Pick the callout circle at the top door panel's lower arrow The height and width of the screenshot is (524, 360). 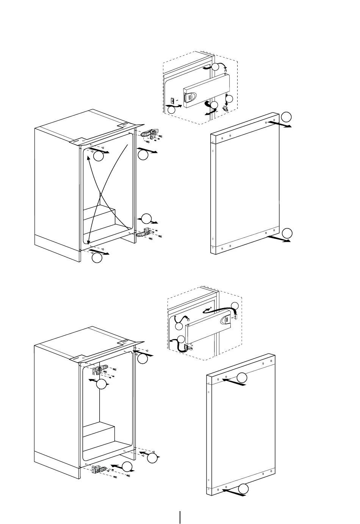(288, 233)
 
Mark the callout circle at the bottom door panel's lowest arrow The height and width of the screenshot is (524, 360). (244, 489)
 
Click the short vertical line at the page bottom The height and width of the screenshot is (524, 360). (180, 518)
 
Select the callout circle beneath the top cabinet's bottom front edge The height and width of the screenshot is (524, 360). (97, 258)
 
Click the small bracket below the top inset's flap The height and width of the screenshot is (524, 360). (225, 108)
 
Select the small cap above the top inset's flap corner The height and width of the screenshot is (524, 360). (226, 71)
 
